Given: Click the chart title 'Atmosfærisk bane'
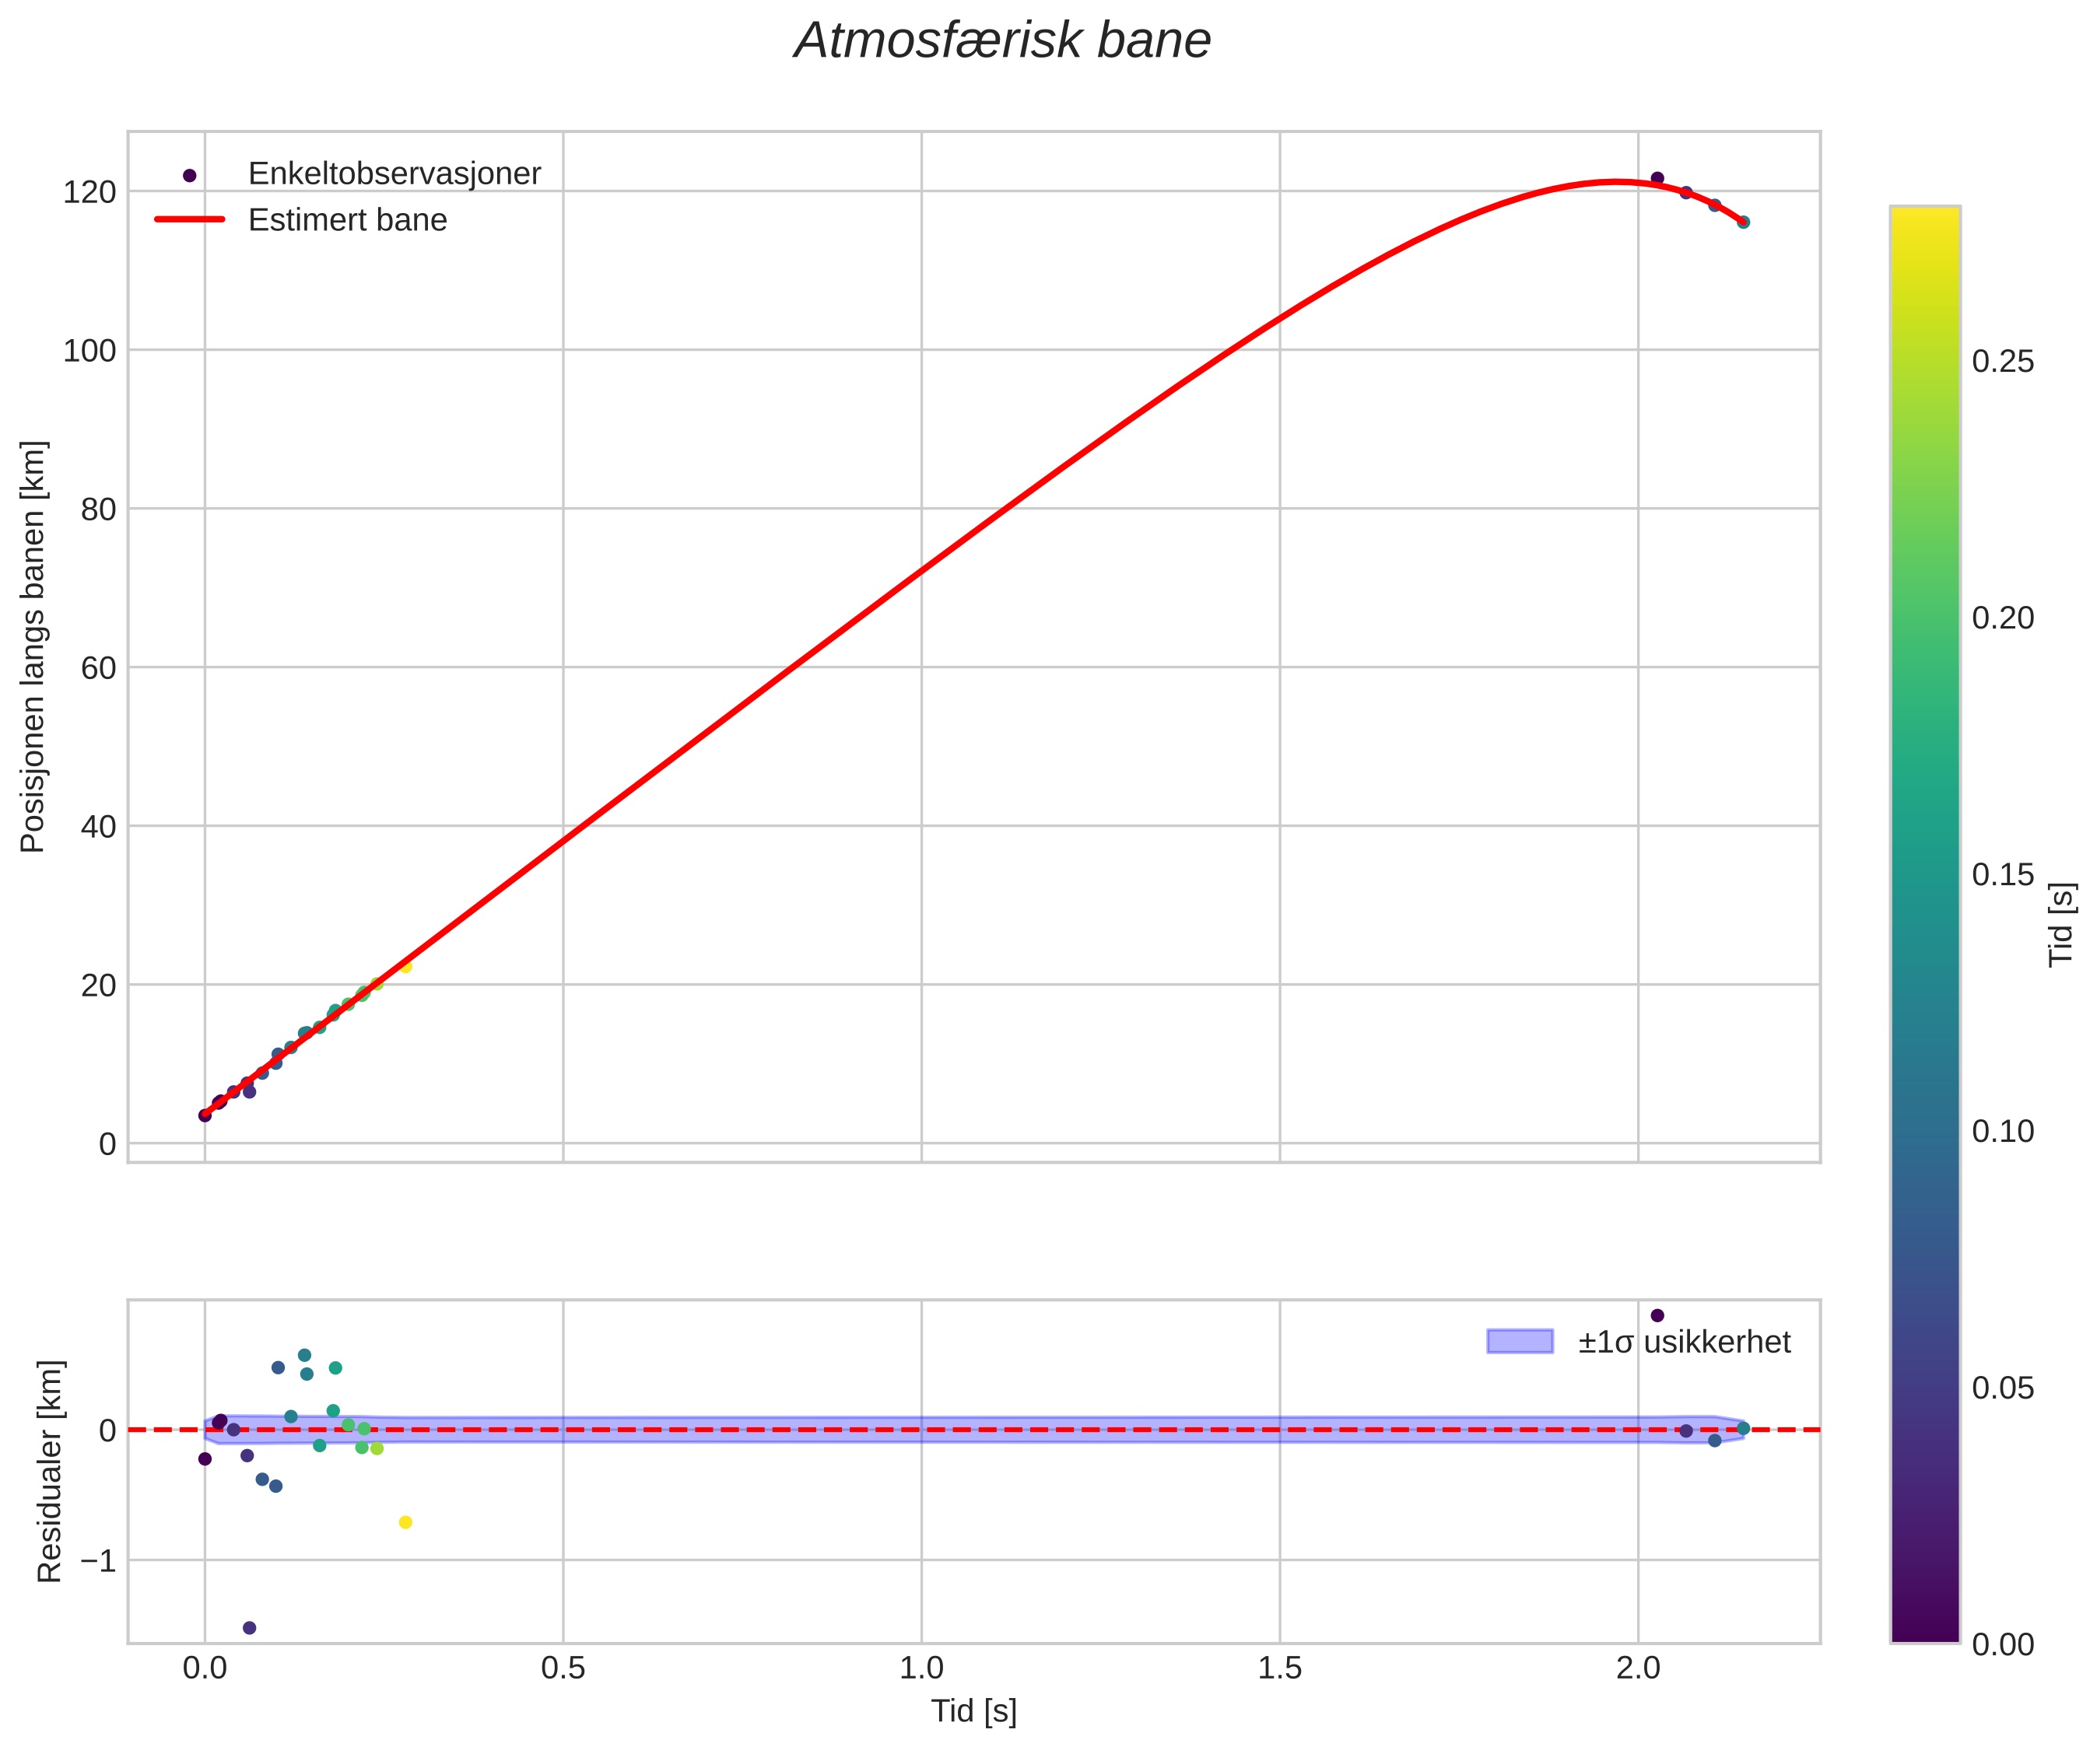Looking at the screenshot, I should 1001,42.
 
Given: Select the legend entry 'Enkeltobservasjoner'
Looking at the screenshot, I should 394,173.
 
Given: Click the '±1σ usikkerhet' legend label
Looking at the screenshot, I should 1684,1342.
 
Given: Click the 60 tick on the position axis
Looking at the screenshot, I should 98,668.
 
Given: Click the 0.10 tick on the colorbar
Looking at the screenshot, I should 2002,1132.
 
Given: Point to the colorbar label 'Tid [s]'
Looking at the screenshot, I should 2061,924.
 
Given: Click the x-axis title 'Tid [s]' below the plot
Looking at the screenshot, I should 973,1711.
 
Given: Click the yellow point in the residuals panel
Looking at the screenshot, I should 405,1522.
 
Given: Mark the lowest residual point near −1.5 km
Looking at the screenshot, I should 250,1628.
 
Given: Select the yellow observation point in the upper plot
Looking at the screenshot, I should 405,966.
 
